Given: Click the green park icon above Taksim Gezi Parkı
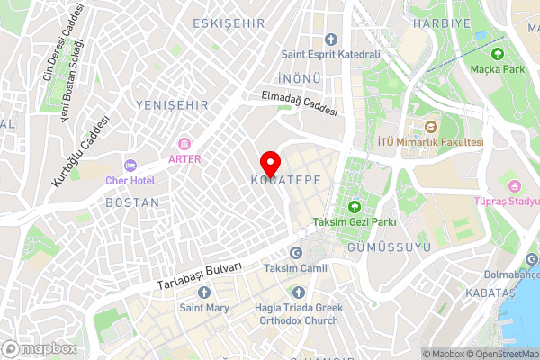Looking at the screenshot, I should [354, 207].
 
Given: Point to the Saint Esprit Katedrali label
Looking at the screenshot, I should [330, 54].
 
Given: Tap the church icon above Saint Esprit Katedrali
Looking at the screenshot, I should [330, 39].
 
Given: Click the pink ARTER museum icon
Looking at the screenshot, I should [185, 144].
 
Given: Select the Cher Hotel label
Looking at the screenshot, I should [130, 181].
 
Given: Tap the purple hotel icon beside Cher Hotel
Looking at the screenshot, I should [130, 166].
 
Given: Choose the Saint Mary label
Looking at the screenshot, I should [204, 308].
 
